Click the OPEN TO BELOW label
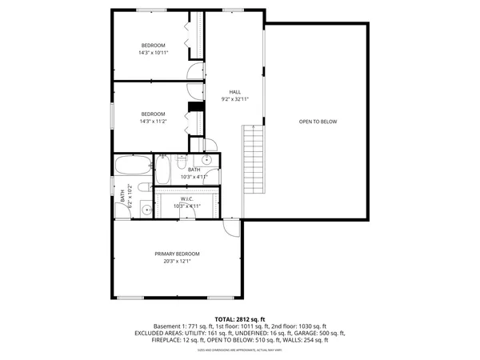click(x=318, y=122)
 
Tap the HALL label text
click(x=235, y=92)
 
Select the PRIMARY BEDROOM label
click(x=177, y=254)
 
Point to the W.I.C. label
click(x=187, y=198)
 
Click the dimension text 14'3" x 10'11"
click(x=153, y=53)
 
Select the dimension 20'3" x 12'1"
click(x=177, y=262)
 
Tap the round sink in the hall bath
click(x=207, y=160)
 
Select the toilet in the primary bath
click(x=143, y=188)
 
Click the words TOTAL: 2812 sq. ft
click(x=240, y=318)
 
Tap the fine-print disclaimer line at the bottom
click(x=240, y=350)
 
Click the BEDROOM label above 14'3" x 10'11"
click(x=153, y=45)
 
